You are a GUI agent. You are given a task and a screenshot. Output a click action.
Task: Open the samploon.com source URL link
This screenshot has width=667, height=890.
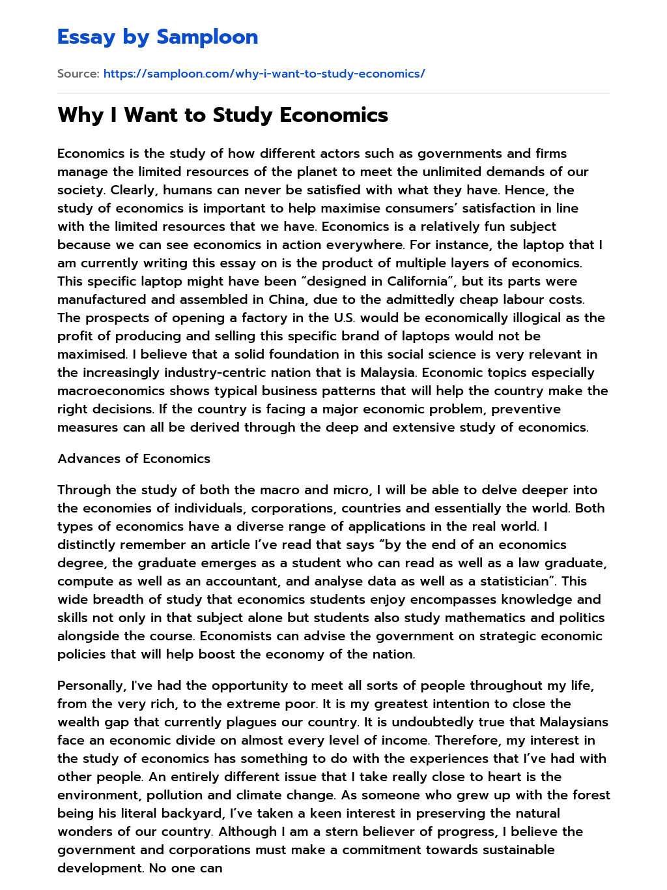(264, 74)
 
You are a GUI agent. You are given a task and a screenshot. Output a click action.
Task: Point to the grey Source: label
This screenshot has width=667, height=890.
(78, 74)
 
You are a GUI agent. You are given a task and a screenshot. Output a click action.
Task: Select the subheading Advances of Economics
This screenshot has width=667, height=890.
(134, 458)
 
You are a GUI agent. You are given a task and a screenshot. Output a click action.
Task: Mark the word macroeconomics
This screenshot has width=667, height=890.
(111, 391)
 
